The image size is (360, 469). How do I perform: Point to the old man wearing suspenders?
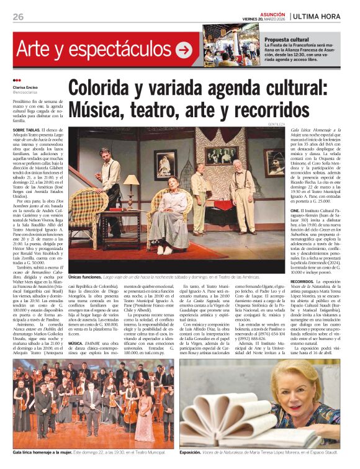pyautogui.click(x=243, y=189)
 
